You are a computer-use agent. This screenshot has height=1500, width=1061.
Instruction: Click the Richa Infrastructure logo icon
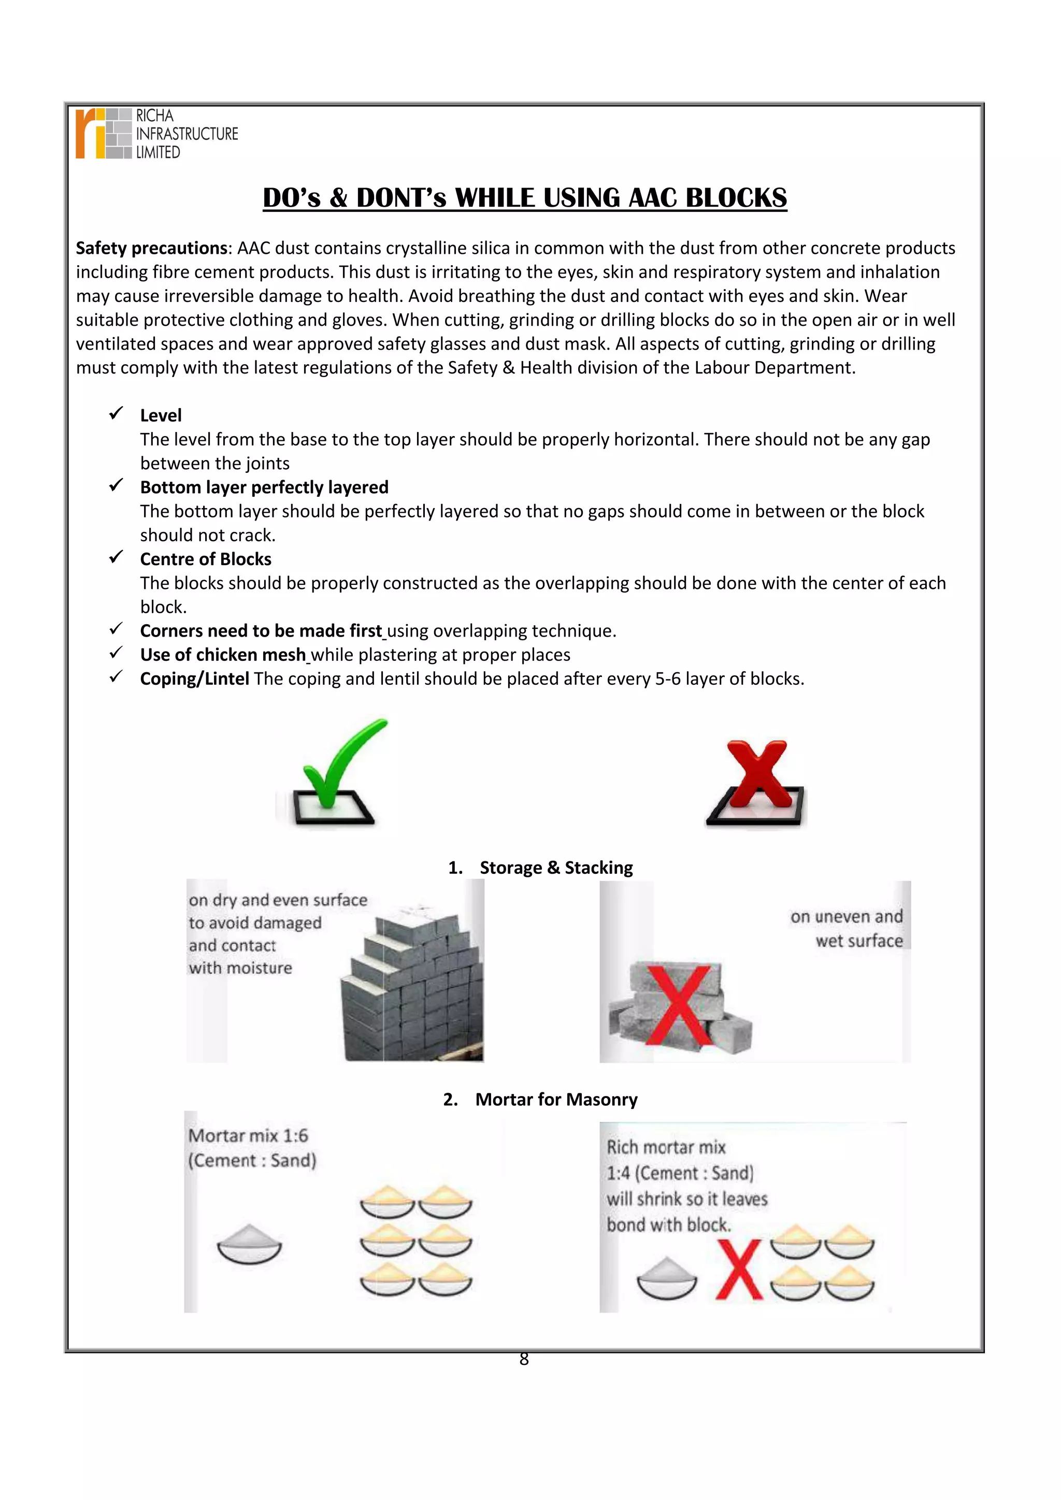[x=103, y=134]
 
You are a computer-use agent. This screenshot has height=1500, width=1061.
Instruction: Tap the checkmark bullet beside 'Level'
[x=116, y=413]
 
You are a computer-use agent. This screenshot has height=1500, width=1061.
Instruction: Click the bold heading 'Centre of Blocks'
[x=206, y=559]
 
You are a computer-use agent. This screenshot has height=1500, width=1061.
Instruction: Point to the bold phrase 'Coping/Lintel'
[x=195, y=679]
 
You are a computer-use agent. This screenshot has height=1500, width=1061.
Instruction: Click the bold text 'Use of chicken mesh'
[x=223, y=655]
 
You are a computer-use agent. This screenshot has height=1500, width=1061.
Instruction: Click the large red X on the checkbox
[x=758, y=774]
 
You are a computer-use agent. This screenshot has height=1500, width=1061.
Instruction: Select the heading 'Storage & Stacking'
[x=556, y=868]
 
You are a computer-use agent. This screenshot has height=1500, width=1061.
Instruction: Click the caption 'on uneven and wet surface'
[x=848, y=928]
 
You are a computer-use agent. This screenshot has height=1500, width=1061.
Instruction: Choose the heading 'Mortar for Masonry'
[x=556, y=1100]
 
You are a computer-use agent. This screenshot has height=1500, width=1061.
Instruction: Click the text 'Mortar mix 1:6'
[x=248, y=1135]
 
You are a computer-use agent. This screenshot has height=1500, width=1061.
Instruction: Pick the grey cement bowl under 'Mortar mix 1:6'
[x=249, y=1245]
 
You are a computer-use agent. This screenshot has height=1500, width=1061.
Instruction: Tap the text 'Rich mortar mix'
[x=666, y=1147]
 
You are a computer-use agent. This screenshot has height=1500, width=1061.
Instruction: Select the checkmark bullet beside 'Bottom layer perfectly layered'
[x=116, y=485]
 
